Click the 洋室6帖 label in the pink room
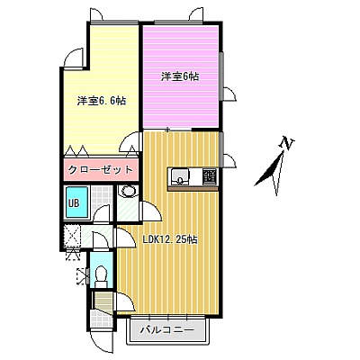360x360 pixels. tap(180, 76)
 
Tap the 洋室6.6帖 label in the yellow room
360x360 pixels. tap(102, 101)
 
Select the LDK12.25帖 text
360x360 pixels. tap(170, 239)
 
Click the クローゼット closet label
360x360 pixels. tap(100, 170)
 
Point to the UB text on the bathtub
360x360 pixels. tap(74, 203)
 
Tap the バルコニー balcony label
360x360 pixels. tap(167, 330)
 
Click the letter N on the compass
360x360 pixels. tap(287, 143)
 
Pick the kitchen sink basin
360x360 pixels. tap(180, 177)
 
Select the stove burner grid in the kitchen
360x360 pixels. tap(210, 177)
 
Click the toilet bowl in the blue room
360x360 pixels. tap(101, 274)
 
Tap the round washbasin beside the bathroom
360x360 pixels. tap(129, 191)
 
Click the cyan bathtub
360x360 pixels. tap(77, 202)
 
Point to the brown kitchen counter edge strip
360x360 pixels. tap(193, 188)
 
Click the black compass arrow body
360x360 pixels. tap(269, 169)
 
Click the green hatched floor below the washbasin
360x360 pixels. tap(128, 209)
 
